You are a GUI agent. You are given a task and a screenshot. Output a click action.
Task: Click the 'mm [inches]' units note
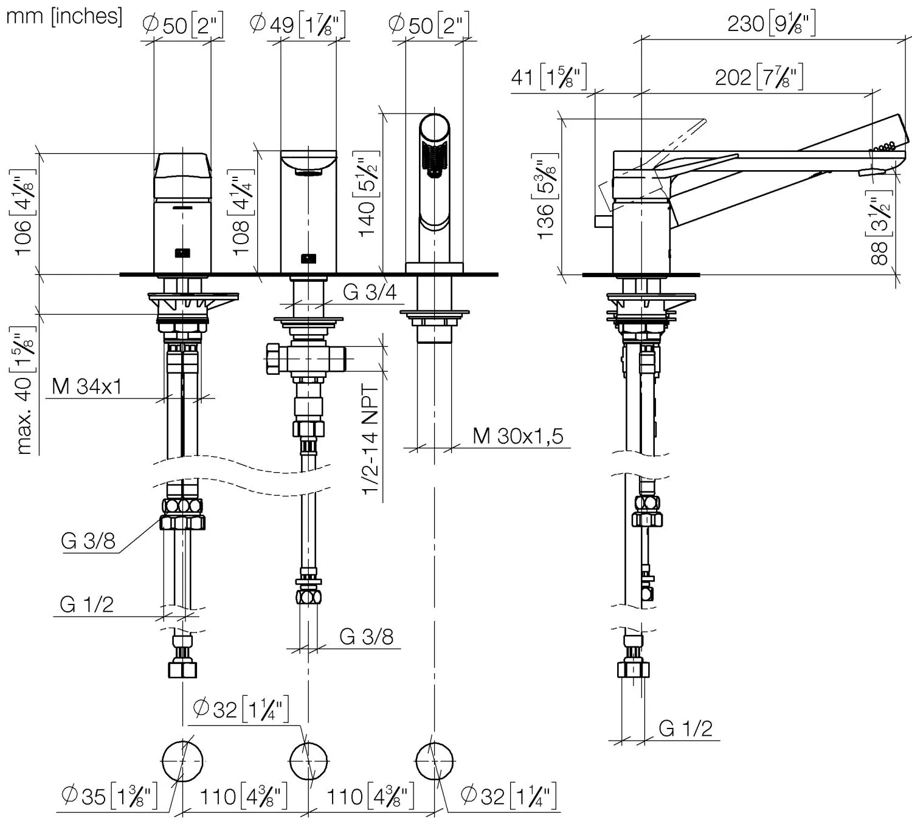(x=64, y=16)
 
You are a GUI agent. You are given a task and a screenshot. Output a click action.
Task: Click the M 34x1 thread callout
(x=87, y=386)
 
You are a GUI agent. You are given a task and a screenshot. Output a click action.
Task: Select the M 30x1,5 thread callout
(x=518, y=436)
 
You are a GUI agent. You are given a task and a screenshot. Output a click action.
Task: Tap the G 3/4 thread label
(x=370, y=292)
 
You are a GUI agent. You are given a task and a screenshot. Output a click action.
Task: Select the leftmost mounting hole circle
(x=182, y=761)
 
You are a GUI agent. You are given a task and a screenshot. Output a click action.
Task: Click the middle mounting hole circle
(x=309, y=761)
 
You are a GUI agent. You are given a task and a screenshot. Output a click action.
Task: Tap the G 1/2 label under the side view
(x=685, y=728)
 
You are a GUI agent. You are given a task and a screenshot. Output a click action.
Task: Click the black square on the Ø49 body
(x=309, y=258)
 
